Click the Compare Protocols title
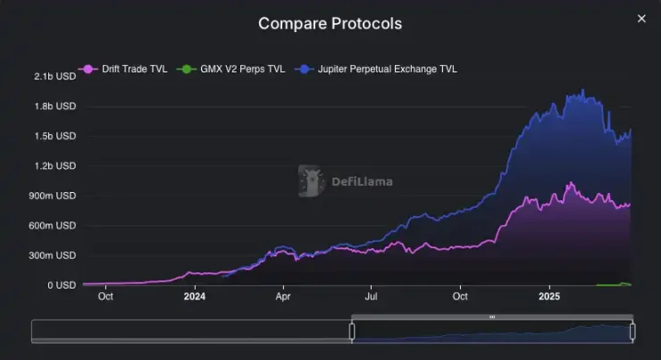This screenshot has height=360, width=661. (330, 23)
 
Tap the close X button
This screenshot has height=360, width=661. (640, 19)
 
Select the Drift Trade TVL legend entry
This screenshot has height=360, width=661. (124, 69)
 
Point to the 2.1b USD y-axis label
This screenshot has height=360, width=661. (55, 77)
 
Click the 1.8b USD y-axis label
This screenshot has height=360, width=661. (55, 106)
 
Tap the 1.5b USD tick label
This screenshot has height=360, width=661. (55, 136)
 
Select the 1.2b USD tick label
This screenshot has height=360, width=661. (55, 166)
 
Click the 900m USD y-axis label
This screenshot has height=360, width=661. (54, 196)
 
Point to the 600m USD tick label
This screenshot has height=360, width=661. (54, 225)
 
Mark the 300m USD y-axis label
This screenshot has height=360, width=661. (54, 255)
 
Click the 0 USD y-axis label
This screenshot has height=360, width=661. (61, 285)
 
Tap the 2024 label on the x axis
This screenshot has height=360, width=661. (195, 296)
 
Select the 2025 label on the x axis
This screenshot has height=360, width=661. (549, 296)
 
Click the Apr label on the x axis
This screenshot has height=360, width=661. (283, 296)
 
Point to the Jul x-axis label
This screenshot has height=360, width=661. (372, 296)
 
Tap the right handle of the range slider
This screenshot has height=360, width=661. (632, 331)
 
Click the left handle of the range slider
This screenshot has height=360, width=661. (352, 331)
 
